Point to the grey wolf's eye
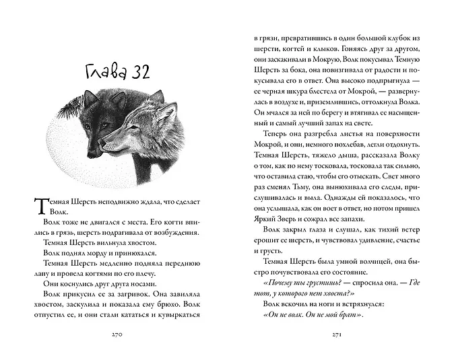(x=135, y=126)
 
